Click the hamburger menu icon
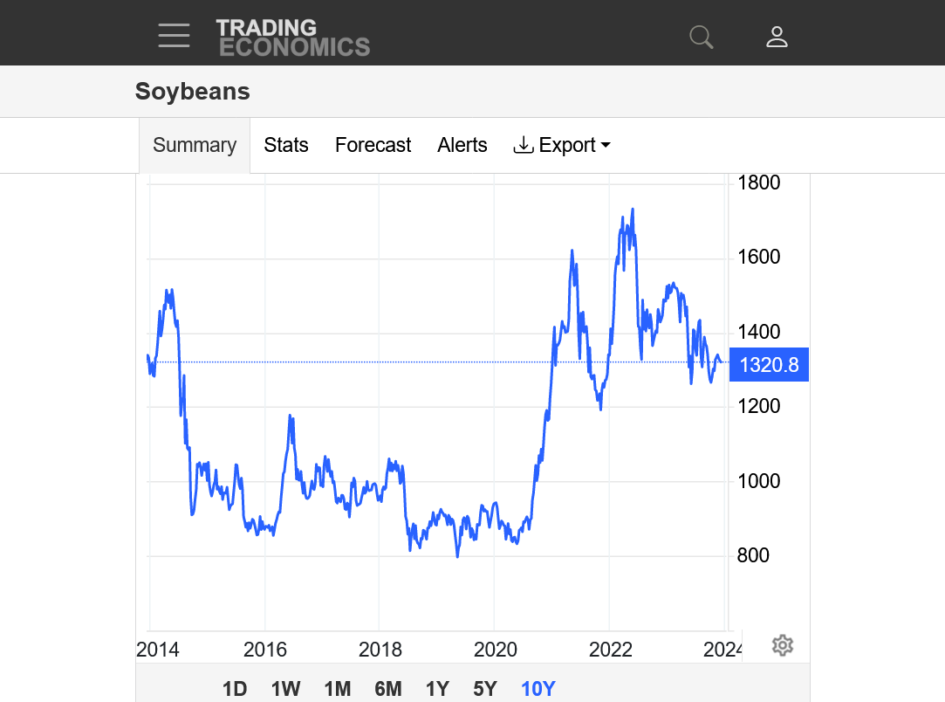click(x=174, y=36)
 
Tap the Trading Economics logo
click(x=292, y=38)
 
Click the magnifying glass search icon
click(x=701, y=37)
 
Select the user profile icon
click(x=777, y=37)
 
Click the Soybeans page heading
click(x=193, y=92)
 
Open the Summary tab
click(x=195, y=145)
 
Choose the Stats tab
click(x=286, y=145)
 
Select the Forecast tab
click(x=373, y=145)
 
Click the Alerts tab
click(x=462, y=145)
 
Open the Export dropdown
click(x=563, y=145)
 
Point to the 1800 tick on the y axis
click(x=758, y=183)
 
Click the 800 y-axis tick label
click(x=753, y=555)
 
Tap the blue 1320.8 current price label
click(x=769, y=365)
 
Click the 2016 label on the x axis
click(x=264, y=650)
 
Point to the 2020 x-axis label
click(x=495, y=650)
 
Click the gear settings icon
click(x=783, y=646)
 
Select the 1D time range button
click(x=235, y=689)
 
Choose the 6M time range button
click(x=388, y=689)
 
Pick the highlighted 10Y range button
click(x=538, y=689)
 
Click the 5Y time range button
click(x=485, y=689)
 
